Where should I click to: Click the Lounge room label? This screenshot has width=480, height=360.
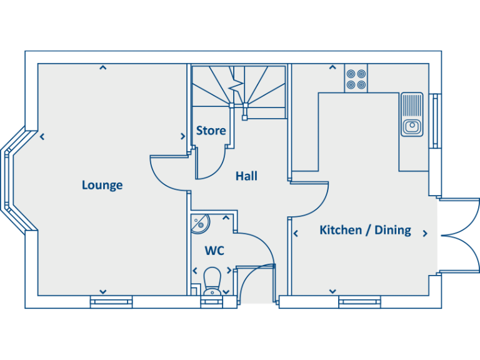tap(102, 185)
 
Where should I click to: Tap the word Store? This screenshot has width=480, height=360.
tap(211, 131)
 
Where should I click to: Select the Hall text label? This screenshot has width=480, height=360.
tap(246, 176)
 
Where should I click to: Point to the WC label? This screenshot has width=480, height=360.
tap(214, 251)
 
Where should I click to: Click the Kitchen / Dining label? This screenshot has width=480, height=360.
tap(365, 230)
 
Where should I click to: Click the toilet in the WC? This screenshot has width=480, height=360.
tap(212, 280)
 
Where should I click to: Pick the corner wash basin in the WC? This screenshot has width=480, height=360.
tap(200, 222)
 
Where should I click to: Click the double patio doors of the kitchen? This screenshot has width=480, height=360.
tap(460, 235)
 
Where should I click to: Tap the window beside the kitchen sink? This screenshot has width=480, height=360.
tap(435, 121)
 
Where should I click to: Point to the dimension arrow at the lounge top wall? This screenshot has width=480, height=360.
tap(102, 67)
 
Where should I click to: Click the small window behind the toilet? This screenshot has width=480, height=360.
tap(212, 302)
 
